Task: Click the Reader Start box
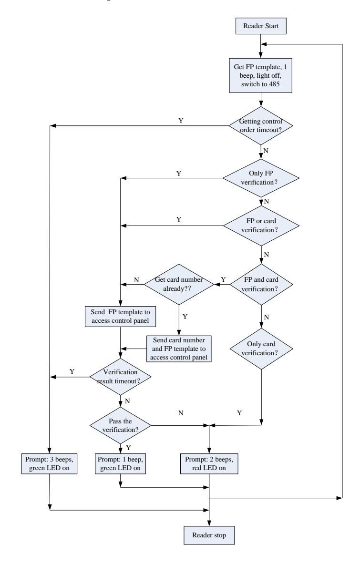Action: pyautogui.click(x=261, y=26)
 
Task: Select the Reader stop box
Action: pyautogui.click(x=209, y=535)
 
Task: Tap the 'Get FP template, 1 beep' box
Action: pyautogui.click(x=260, y=76)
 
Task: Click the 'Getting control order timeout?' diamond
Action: pyautogui.click(x=260, y=126)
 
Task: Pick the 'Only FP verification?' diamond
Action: pyautogui.click(x=261, y=178)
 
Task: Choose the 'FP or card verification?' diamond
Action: pyautogui.click(x=261, y=226)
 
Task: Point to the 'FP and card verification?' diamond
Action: pyautogui.click(x=261, y=285)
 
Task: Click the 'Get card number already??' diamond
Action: pyautogui.click(x=179, y=284)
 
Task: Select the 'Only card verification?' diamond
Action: pyautogui.click(x=261, y=349)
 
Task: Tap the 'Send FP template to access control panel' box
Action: pyautogui.click(x=120, y=317)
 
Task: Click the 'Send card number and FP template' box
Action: pyautogui.click(x=179, y=349)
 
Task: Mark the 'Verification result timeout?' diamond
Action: pyautogui.click(x=120, y=377)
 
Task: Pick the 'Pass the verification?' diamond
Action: pyautogui.click(x=120, y=426)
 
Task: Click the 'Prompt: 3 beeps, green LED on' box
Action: pyautogui.click(x=50, y=464)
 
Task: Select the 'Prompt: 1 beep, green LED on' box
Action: pyautogui.click(x=120, y=464)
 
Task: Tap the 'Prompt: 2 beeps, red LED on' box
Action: pyautogui.click(x=209, y=464)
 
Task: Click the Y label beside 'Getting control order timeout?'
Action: pyautogui.click(x=181, y=121)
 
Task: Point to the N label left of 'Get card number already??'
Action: pyautogui.click(x=136, y=280)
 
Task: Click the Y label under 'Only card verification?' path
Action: pyautogui.click(x=239, y=413)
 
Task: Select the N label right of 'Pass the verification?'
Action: pyautogui.click(x=181, y=413)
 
